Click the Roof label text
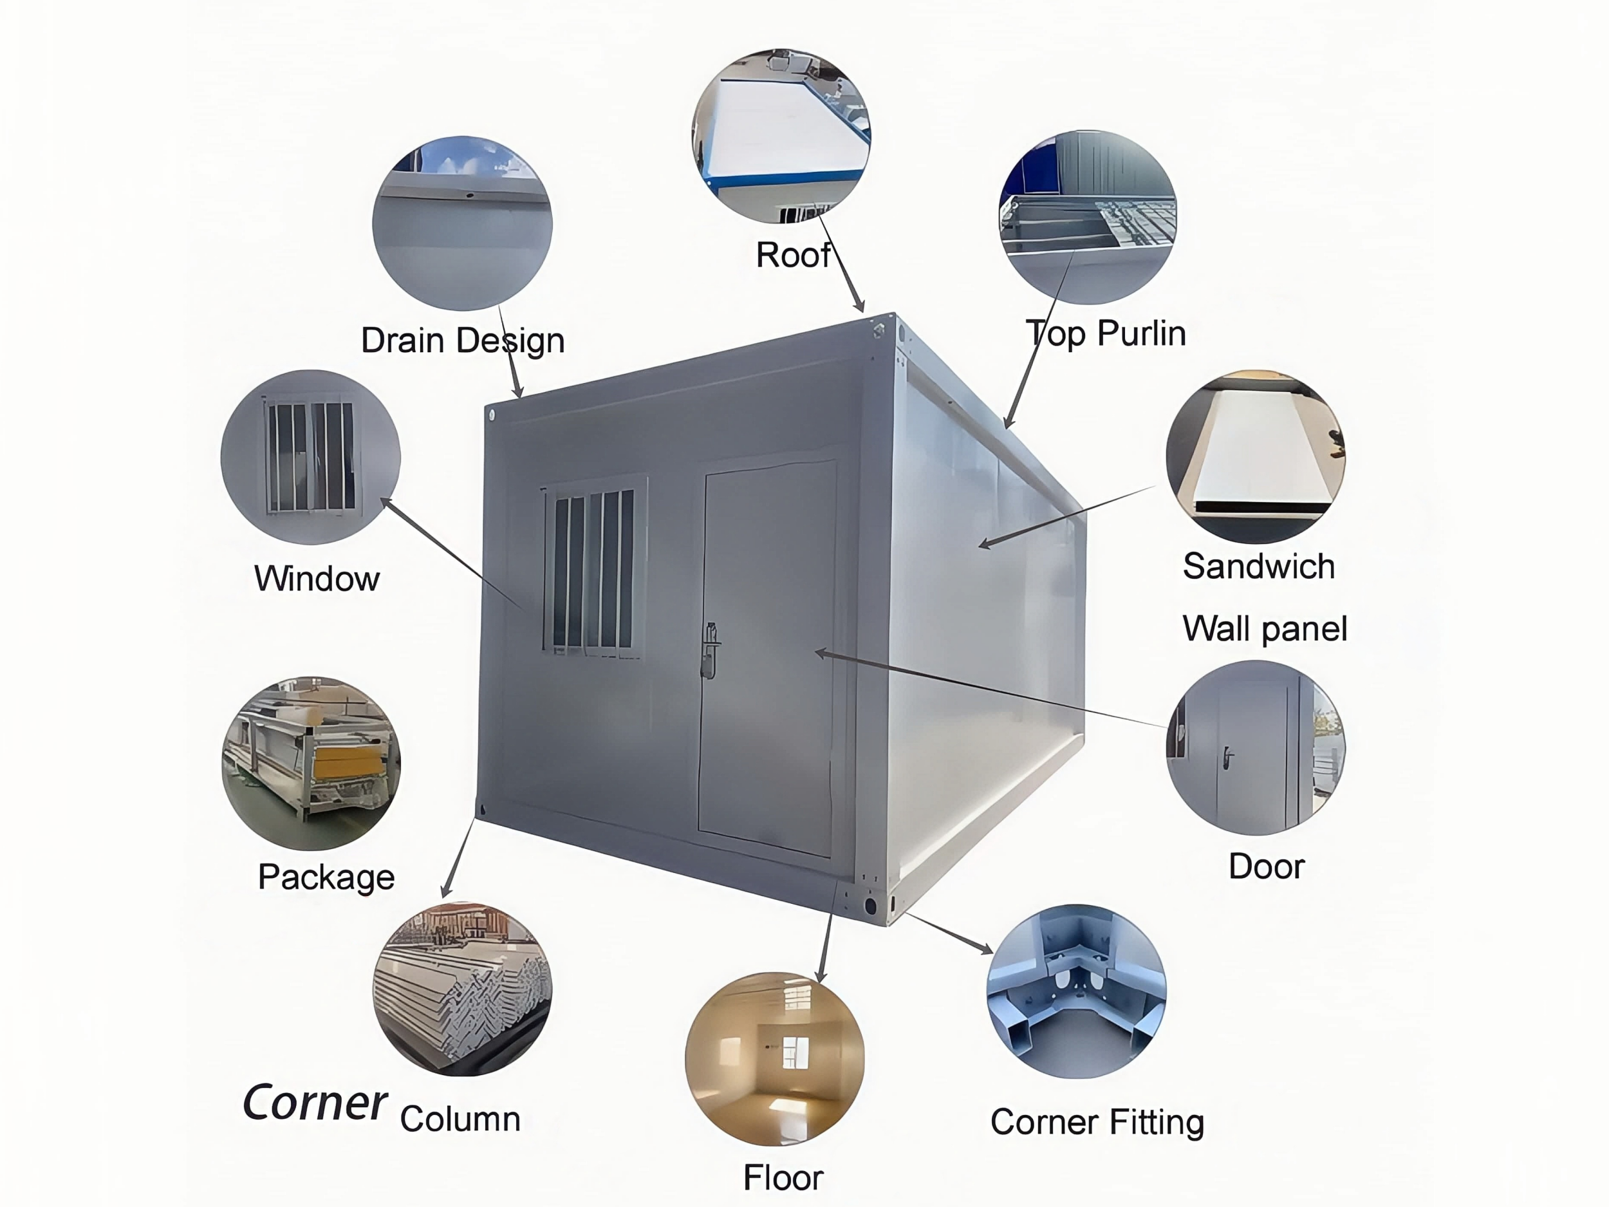tap(793, 256)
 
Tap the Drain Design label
tap(463, 341)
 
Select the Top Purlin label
tap(1106, 334)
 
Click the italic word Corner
tap(314, 1103)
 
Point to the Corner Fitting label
tap(1097, 1122)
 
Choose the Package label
tap(326, 877)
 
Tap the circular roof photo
tap(781, 135)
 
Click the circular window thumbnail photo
tap(311, 457)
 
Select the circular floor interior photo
tap(775, 1058)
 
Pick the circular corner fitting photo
tap(1077, 991)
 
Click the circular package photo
tap(312, 763)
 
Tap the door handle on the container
tap(710, 650)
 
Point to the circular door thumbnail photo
tap(1256, 747)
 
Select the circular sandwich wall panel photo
tap(1256, 457)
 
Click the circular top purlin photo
tap(1088, 217)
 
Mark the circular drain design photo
tap(463, 223)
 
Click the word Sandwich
tap(1259, 566)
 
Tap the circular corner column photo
tap(463, 989)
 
